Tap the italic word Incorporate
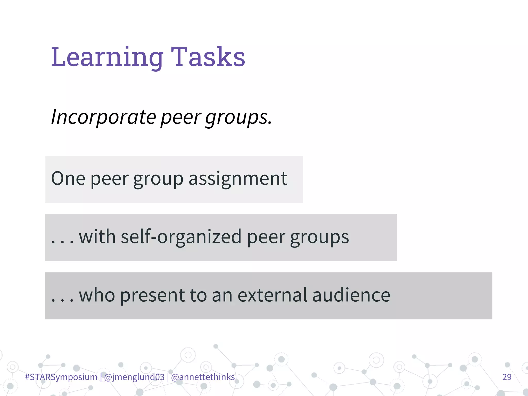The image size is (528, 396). [103, 117]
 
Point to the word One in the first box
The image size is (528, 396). [68, 178]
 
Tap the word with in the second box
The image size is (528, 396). [97, 237]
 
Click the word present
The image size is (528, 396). [152, 295]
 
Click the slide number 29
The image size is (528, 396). [507, 377]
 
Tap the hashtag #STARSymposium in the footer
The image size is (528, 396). [61, 377]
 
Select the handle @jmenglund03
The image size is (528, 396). [134, 377]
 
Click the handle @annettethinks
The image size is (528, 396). [203, 377]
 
